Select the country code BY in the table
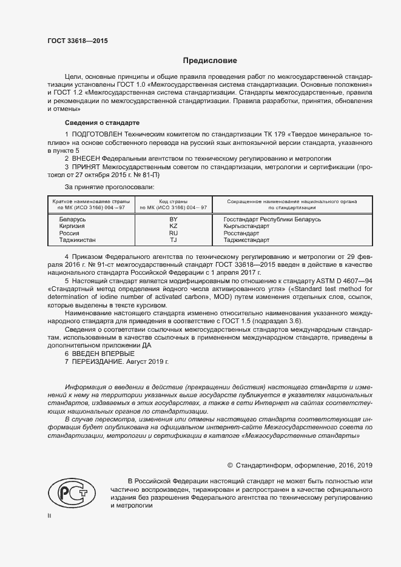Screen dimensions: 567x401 point(173,219)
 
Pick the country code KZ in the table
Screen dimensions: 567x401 point(173,226)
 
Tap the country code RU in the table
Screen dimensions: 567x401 point(173,233)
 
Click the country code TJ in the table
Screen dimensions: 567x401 point(173,240)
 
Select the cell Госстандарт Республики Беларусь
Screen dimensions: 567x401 point(272,219)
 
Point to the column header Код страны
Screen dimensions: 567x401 point(173,201)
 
